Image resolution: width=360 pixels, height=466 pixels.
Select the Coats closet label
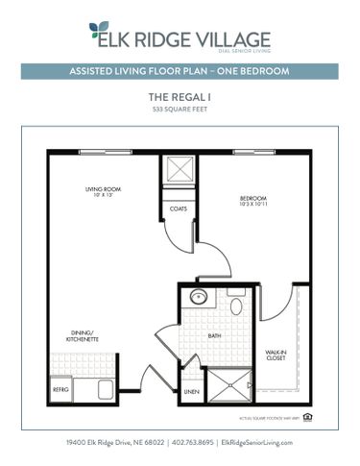(x=179, y=208)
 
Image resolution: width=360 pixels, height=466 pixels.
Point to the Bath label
(x=214, y=336)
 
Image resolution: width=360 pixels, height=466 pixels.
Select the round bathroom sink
(x=199, y=297)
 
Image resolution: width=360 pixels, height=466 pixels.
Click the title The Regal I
(x=180, y=97)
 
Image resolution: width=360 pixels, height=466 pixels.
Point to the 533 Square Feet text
(x=180, y=111)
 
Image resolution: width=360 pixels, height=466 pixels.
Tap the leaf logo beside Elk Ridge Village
(x=99, y=36)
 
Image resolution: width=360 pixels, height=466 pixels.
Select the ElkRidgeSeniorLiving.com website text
(x=256, y=441)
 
